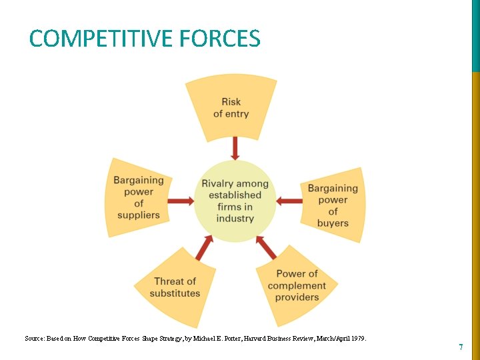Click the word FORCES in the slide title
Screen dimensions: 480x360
click(x=219, y=39)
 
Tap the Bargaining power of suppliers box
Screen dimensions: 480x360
click(x=138, y=197)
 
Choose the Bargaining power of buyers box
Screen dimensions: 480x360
click(x=333, y=205)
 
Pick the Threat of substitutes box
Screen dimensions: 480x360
click(x=175, y=287)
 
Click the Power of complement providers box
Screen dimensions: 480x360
click(x=297, y=285)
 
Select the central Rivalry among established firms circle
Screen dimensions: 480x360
click(x=235, y=201)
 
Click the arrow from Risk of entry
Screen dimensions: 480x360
click(x=235, y=148)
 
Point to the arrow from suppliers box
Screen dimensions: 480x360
click(x=179, y=201)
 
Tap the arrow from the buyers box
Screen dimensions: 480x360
click(x=289, y=201)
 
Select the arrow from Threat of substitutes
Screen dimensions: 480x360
click(x=204, y=249)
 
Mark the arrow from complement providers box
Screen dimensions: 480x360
click(x=266, y=247)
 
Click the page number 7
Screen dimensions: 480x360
click(x=460, y=347)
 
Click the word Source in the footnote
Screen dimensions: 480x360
click(x=35, y=339)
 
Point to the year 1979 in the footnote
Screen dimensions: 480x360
click(x=358, y=339)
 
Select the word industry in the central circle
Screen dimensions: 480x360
click(x=235, y=219)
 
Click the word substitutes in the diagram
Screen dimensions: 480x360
click(x=175, y=293)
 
